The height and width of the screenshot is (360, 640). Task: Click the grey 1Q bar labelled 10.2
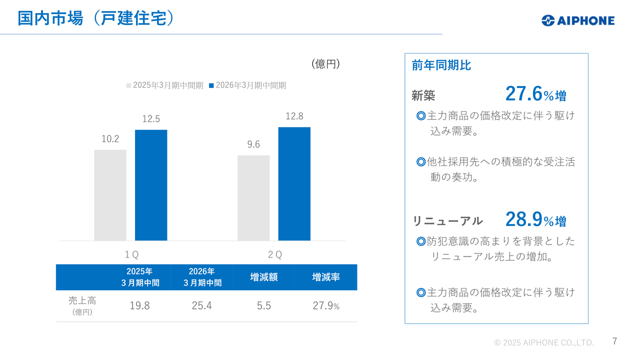pos(110,195)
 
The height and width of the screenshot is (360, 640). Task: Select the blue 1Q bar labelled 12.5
pos(151,185)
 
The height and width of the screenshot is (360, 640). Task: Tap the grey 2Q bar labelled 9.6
pos(253,197)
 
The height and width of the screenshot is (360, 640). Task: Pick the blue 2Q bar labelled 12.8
pos(294,183)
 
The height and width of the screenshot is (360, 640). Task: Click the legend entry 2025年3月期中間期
pos(165,85)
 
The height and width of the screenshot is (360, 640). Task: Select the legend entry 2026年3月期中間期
pos(247,85)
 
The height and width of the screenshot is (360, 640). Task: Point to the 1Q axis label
pos(131,254)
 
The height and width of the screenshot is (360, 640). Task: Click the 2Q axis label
pos(274,254)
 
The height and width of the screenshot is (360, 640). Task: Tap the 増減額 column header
pos(263,277)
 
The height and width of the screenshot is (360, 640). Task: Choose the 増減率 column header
pos(325,277)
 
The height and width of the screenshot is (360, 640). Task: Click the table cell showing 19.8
pos(139,306)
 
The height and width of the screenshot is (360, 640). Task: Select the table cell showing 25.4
pos(201,306)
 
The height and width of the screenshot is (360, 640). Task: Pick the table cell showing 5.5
pos(263,306)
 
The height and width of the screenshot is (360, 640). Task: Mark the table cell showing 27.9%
pos(326,306)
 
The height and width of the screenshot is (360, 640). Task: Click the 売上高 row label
pos(82,301)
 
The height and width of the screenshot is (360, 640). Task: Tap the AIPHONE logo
pos(577,20)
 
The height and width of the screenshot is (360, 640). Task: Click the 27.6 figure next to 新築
pos(524,94)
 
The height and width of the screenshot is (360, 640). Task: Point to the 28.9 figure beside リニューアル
pos(524,219)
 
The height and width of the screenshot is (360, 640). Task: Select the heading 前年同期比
pos(441,65)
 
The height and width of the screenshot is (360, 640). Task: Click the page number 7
pos(614,341)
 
